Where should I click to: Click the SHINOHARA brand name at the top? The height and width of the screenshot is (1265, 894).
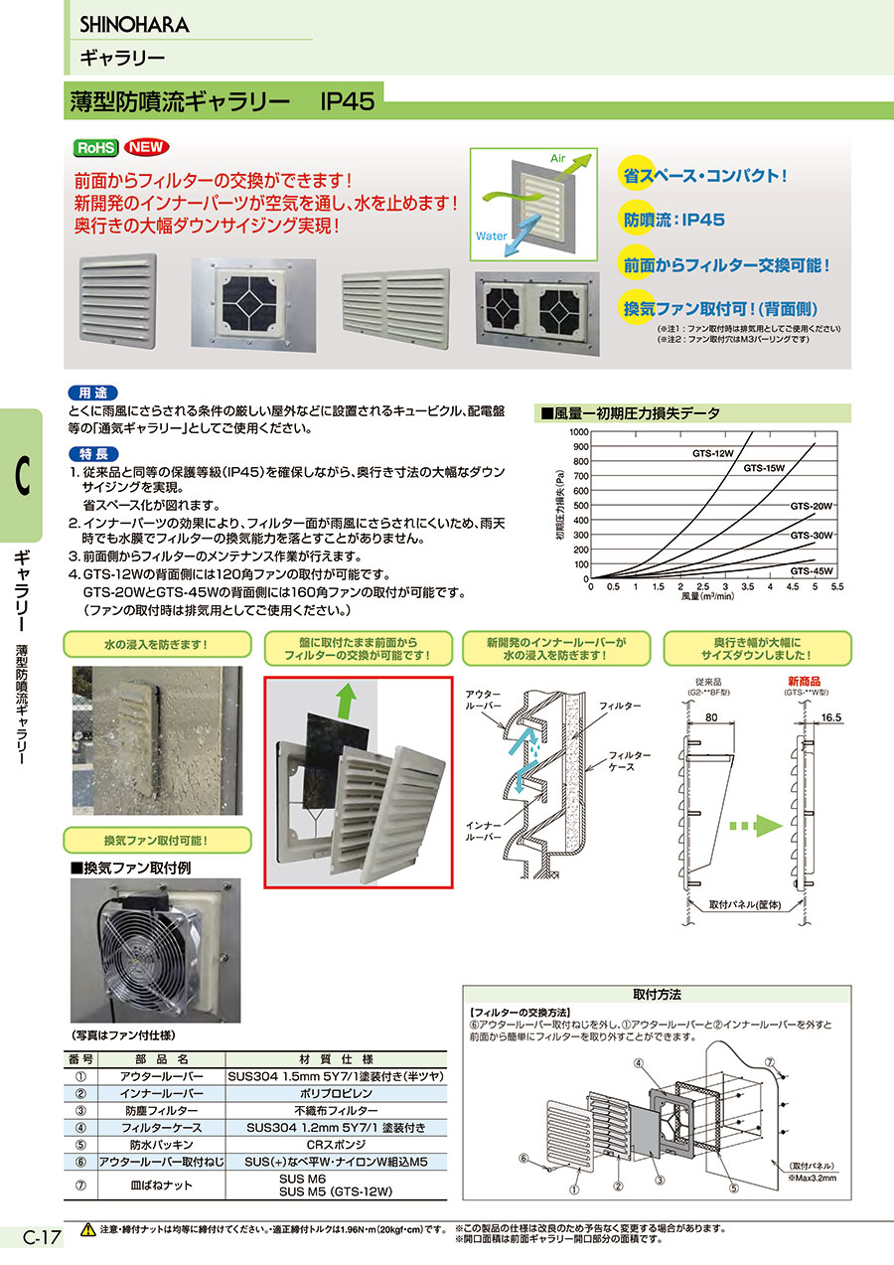point(134,25)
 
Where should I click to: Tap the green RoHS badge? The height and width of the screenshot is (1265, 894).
point(96,147)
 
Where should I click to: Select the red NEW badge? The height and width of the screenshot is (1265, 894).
point(146,147)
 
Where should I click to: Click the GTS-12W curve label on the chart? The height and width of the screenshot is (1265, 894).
point(713,453)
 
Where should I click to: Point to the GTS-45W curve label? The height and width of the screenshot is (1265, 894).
point(811,571)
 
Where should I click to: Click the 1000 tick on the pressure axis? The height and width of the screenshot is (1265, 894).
point(579,432)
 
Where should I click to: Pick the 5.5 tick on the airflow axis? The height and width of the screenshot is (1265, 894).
point(837,586)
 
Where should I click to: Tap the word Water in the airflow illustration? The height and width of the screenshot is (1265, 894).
point(491,237)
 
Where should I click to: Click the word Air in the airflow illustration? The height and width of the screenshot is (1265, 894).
point(557,159)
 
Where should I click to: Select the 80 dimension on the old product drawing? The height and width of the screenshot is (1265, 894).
point(711,717)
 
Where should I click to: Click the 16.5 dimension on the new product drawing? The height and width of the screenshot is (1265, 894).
point(830,717)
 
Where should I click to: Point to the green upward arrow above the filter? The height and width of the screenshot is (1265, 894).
point(346,701)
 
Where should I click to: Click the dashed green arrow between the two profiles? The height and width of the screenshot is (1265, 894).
point(755,826)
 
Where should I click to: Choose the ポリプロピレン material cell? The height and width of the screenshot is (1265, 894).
point(336,1093)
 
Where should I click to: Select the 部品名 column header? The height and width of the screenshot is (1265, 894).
point(161,1059)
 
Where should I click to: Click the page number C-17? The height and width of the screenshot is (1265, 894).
point(41,1238)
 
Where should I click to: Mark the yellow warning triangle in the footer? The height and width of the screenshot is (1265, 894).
point(88,1229)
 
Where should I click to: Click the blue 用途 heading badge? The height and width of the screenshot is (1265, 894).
point(93,394)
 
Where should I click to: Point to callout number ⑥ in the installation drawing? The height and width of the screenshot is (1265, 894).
point(523,1159)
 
